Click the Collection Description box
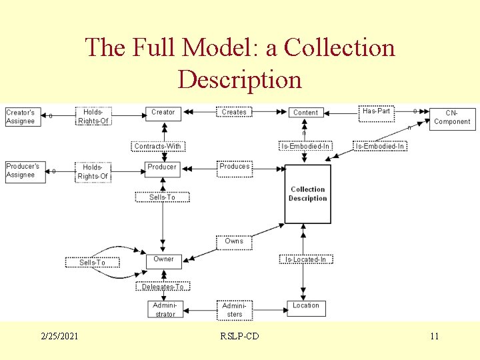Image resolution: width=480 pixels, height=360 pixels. (x=307, y=194)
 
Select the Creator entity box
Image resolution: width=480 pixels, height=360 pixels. (x=163, y=113)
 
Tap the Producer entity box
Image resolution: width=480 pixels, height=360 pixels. (x=163, y=167)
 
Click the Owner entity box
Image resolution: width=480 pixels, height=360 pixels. (x=163, y=259)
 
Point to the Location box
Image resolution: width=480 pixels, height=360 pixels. (x=306, y=306)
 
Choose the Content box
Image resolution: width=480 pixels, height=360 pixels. (x=306, y=113)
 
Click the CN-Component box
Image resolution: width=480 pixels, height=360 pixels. (x=452, y=118)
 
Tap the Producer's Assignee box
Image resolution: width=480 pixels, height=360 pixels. (x=25, y=171)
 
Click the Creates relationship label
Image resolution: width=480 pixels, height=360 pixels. (x=234, y=113)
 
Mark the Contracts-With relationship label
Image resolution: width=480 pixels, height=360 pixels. (x=157, y=146)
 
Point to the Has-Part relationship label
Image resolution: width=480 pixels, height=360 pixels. (x=377, y=111)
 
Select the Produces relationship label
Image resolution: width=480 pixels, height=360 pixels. (x=235, y=167)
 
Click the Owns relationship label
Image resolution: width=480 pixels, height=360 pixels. (x=234, y=241)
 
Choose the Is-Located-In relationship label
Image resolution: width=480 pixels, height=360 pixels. (x=306, y=259)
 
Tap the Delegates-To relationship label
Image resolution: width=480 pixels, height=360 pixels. (x=163, y=287)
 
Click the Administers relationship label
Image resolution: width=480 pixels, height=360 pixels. (x=234, y=309)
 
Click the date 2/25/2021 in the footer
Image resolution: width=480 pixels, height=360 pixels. (x=58, y=336)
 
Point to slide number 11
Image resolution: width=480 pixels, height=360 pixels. (x=434, y=336)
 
